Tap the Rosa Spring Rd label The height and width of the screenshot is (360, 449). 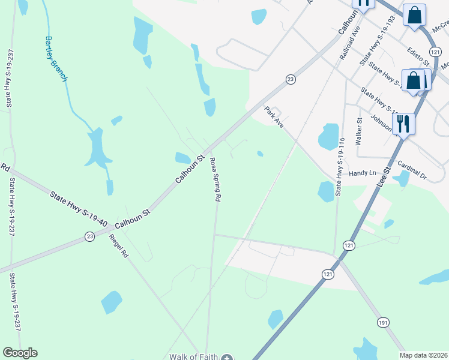click(x=216, y=179)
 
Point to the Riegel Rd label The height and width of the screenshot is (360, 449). click(x=118, y=245)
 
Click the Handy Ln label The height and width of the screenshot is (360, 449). click(x=363, y=173)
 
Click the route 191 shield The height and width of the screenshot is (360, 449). click(x=382, y=323)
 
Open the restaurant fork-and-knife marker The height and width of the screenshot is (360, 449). click(x=403, y=124)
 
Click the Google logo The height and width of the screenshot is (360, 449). click(x=20, y=353)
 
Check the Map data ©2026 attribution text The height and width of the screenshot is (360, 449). click(x=423, y=355)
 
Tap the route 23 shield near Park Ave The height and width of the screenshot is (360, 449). click(x=290, y=79)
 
